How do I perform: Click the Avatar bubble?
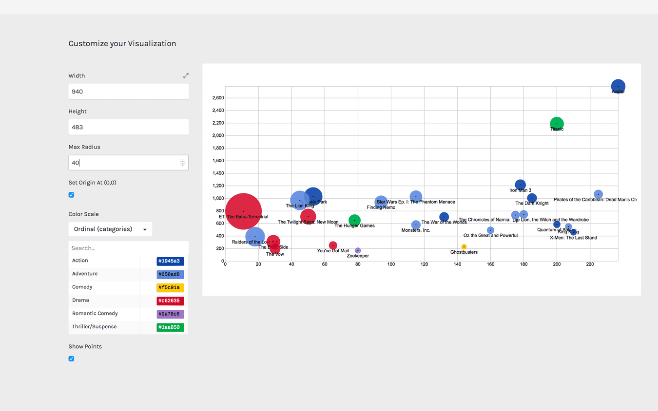coord(618,86)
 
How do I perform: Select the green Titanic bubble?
coord(557,124)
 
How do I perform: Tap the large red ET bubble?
coord(243,211)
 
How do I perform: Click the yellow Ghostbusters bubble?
coord(464,247)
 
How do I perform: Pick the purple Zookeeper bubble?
coord(358,251)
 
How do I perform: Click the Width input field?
coord(128,92)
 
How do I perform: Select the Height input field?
coord(128,127)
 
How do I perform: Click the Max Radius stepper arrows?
coord(183,163)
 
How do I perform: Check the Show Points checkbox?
coord(72,359)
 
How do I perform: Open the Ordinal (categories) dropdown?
coord(110,229)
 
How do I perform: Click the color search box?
coord(128,248)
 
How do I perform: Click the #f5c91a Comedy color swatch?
coord(170,288)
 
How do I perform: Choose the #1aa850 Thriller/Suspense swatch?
coord(170,327)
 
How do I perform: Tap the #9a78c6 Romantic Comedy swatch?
coord(170,314)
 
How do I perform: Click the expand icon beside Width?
coord(186,75)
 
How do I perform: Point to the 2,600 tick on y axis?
coord(217,98)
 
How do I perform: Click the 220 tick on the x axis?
coord(590,265)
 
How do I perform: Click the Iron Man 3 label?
coord(520,190)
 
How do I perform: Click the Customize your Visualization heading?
coord(122,44)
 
